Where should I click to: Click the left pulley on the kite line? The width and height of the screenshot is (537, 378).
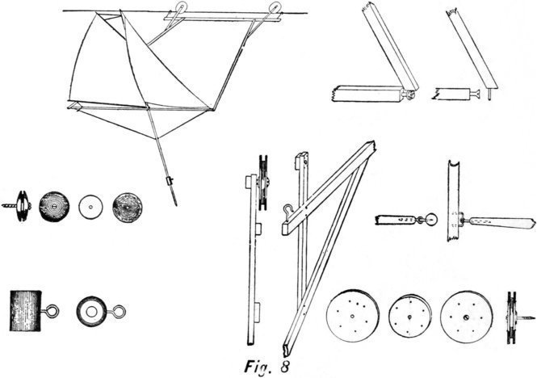(179, 10)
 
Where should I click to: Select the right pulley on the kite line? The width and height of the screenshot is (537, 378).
(275, 10)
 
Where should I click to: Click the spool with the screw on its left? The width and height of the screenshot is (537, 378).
(23, 205)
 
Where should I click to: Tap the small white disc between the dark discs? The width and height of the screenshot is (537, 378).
(90, 206)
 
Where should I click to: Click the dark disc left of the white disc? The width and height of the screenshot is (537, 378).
(55, 205)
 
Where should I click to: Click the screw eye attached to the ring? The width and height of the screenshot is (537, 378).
(117, 309)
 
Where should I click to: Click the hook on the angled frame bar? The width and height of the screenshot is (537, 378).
(287, 212)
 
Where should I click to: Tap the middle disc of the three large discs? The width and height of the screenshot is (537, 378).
(411, 314)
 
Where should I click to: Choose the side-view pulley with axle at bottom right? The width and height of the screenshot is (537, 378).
(511, 314)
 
